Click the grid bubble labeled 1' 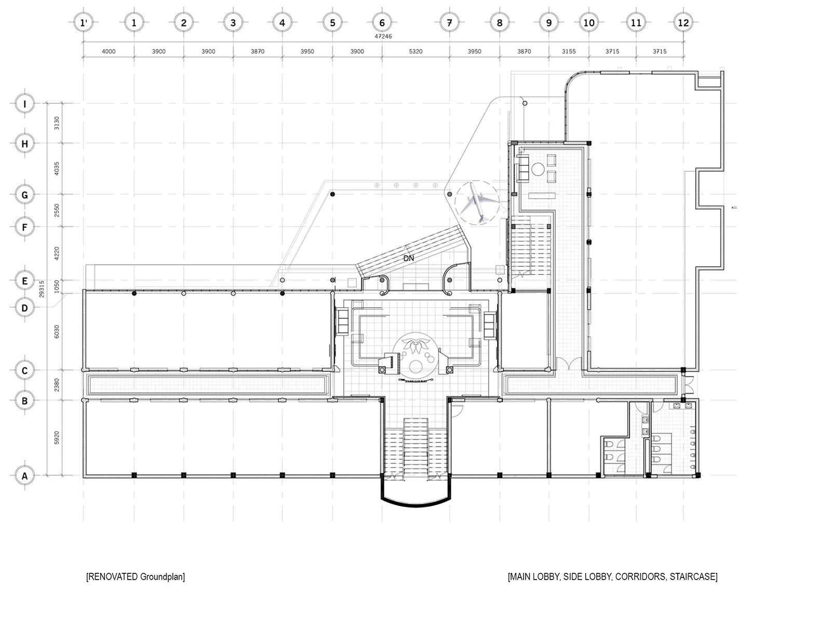click(84, 22)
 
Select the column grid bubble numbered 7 click(450, 22)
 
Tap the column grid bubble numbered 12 click(683, 22)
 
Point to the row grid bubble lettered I click(25, 103)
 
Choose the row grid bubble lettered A click(25, 476)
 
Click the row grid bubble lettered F click(25, 227)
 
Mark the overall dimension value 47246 click(383, 36)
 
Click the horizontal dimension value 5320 click(415, 51)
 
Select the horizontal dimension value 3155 click(568, 51)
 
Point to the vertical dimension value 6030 click(57, 331)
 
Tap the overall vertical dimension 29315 click(41, 289)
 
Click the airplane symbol click(477, 202)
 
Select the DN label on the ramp click(408, 258)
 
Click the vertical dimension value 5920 click(57, 437)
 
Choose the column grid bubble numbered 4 click(282, 22)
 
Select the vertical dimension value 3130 click(57, 123)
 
